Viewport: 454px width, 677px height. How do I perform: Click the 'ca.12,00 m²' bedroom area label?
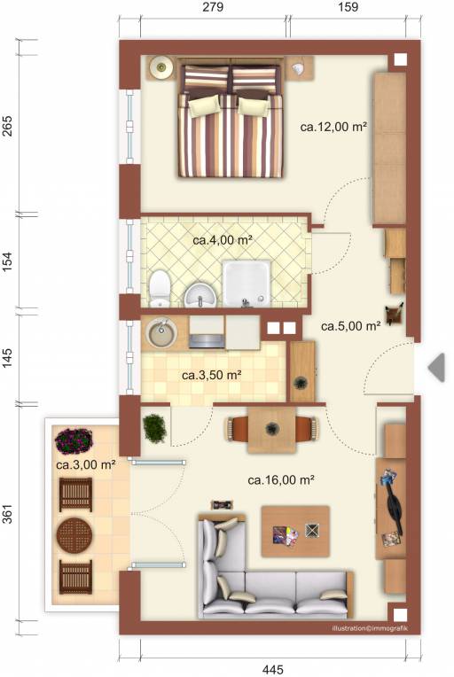[x=333, y=127]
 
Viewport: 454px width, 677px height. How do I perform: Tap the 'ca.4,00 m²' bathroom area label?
[x=223, y=239]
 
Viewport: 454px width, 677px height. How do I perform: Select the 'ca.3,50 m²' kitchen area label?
[x=211, y=375]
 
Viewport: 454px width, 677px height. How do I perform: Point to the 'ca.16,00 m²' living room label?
[x=281, y=479]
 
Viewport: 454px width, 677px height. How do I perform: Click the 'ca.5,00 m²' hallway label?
[x=351, y=325]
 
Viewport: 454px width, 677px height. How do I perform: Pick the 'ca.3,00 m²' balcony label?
[x=85, y=464]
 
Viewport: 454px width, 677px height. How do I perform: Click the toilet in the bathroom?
[x=160, y=288]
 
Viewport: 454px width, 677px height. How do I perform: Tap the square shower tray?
[x=247, y=284]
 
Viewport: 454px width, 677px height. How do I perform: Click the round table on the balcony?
[x=74, y=535]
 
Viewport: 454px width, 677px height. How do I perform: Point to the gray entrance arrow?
[x=436, y=368]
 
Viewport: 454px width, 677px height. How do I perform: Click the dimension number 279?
[x=213, y=7]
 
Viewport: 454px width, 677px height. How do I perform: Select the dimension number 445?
[x=273, y=669]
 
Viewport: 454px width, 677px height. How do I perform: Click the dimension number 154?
[x=8, y=261]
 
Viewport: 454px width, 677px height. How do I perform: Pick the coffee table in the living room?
[x=296, y=531]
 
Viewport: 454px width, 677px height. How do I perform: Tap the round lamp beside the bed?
[x=161, y=67]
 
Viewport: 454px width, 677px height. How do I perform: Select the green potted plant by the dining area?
[x=154, y=428]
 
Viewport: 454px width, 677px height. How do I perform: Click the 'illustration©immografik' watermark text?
[x=370, y=628]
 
